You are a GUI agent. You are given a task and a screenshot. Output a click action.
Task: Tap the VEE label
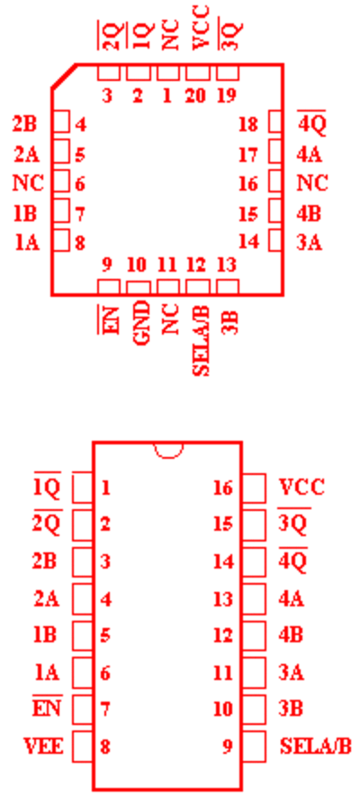click(x=43, y=746)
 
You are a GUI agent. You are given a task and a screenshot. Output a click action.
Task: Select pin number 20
click(x=196, y=96)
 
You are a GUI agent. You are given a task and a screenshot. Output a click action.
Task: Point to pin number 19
click(x=228, y=96)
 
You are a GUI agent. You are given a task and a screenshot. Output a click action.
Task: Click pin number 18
click(x=248, y=124)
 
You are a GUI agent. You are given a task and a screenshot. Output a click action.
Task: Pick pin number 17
click(x=248, y=154)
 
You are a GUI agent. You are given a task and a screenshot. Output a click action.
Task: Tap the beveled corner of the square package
click(x=64, y=76)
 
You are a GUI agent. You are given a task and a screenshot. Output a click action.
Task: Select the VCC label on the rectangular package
click(x=301, y=487)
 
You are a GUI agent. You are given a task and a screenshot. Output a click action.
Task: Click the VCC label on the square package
click(x=200, y=28)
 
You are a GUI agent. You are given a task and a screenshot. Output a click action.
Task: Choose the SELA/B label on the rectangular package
click(x=315, y=746)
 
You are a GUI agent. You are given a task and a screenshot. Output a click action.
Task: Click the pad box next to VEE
click(x=82, y=746)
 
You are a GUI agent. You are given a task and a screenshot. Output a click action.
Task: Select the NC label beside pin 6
click(x=28, y=183)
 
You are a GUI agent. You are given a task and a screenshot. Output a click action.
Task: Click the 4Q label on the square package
click(x=312, y=123)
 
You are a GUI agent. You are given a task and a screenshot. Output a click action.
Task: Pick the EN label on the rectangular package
click(x=47, y=707)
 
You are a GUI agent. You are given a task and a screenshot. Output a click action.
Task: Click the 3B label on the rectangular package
click(x=291, y=709)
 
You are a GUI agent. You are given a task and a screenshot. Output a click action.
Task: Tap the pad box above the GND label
click(x=139, y=287)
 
